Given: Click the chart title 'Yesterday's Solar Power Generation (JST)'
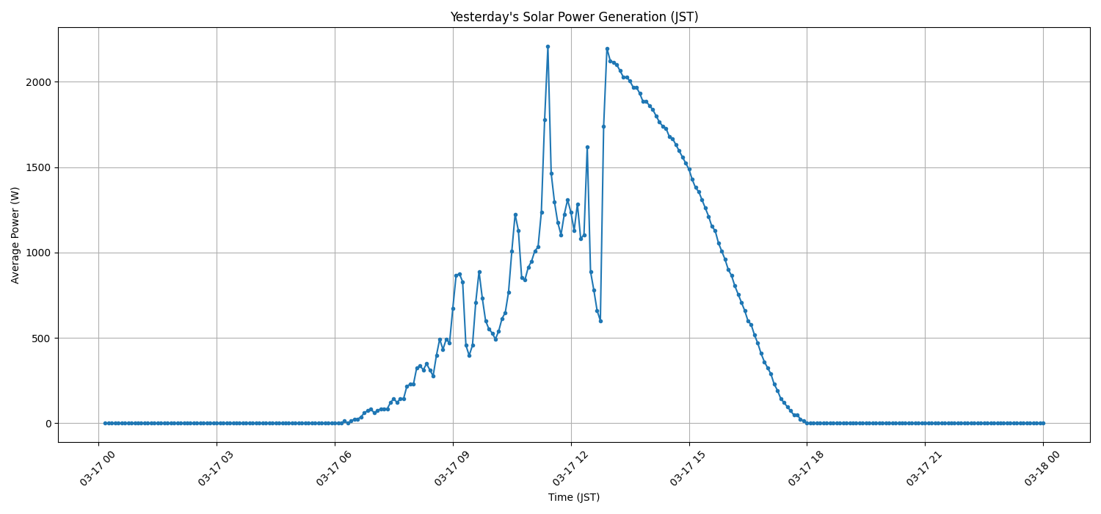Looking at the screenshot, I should (573, 17).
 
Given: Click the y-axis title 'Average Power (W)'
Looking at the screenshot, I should (15, 235).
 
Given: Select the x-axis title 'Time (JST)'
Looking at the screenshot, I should (573, 497).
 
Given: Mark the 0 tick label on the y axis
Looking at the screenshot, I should (48, 424).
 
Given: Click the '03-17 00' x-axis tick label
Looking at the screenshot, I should (98, 469).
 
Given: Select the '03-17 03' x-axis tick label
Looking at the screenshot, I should (216, 469).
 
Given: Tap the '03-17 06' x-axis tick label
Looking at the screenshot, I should (334, 469).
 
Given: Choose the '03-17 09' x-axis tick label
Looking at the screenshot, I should (452, 469).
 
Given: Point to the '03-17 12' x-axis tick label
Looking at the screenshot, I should (570, 469).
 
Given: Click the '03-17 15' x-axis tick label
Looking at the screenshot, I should (688, 469).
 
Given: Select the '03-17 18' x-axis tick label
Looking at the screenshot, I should (807, 469).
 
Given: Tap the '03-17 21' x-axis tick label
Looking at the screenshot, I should (925, 469).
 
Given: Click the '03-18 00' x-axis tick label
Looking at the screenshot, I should (1043, 469).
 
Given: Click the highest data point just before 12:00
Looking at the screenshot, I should (548, 46).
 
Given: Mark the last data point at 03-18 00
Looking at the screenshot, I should (1043, 423).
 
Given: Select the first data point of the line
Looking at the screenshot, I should (105, 423).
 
